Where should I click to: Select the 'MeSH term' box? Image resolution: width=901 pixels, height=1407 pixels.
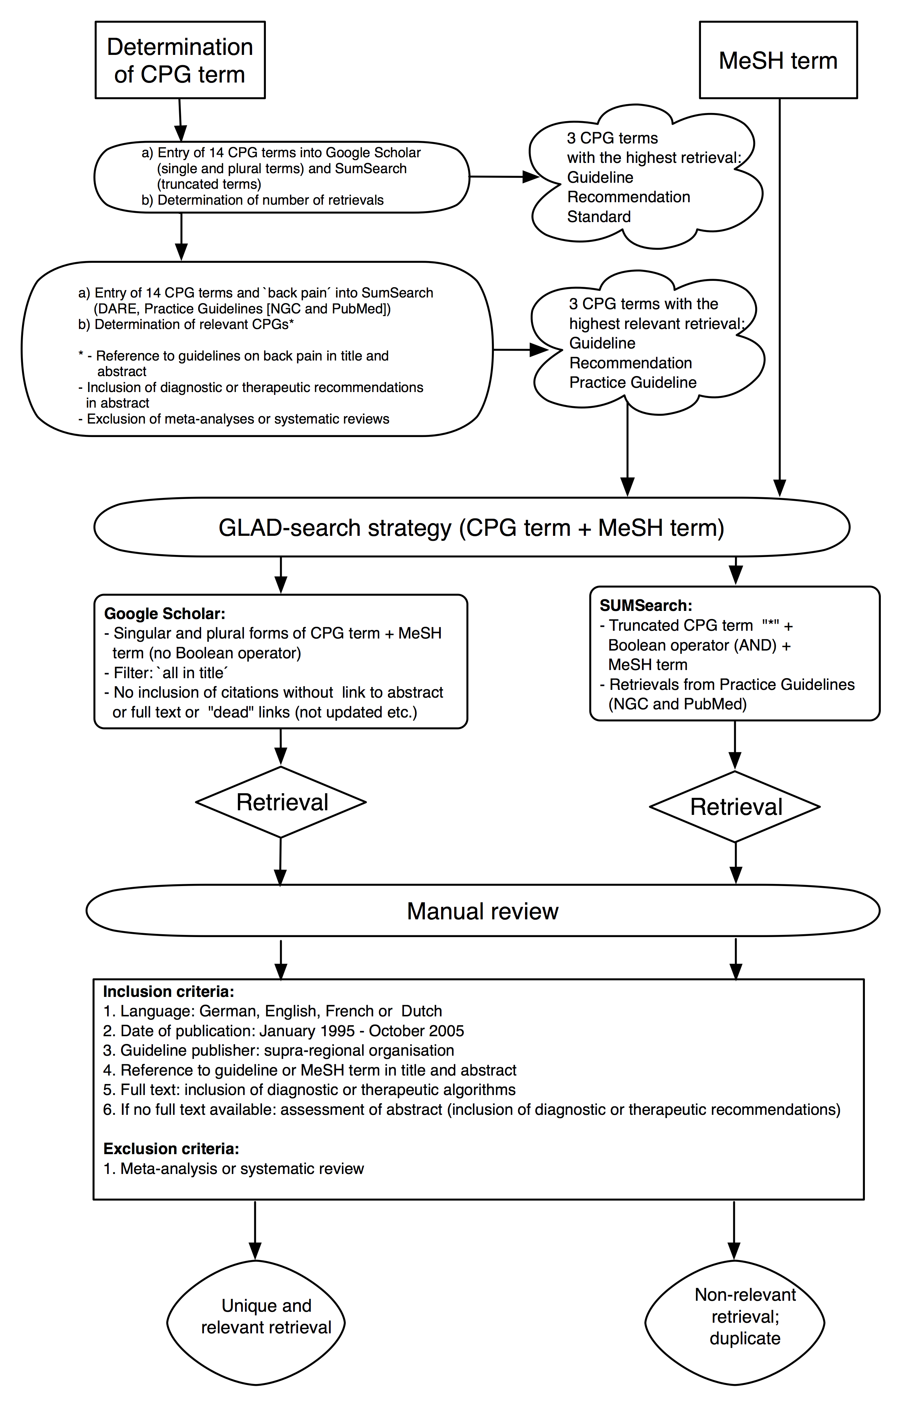click(x=779, y=60)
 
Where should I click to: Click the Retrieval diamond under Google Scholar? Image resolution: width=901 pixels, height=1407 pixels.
click(x=281, y=802)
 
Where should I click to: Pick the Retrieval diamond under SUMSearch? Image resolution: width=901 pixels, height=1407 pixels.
click(x=735, y=806)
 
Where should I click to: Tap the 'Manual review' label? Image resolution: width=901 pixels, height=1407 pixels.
click(x=483, y=911)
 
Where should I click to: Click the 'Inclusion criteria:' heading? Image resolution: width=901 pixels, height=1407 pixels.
click(x=169, y=992)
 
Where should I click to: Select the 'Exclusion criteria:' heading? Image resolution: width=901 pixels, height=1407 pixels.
click(x=171, y=1148)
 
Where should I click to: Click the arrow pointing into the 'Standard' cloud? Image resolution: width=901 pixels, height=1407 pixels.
click(x=504, y=176)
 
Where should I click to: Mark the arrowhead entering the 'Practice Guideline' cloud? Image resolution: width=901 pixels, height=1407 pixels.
click(x=540, y=350)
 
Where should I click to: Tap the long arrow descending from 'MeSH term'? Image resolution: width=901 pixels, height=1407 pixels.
click(x=779, y=297)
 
